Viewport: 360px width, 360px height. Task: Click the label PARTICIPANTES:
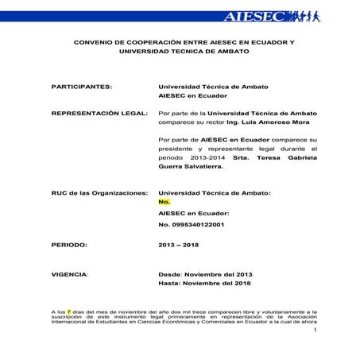(x=82, y=84)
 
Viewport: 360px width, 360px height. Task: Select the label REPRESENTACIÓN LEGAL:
(x=99, y=114)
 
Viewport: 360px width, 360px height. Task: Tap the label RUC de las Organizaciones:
(x=99, y=193)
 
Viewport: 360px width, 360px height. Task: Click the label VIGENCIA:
(x=71, y=273)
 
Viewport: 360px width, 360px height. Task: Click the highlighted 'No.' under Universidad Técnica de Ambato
(x=165, y=202)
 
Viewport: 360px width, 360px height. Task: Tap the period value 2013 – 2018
(x=179, y=245)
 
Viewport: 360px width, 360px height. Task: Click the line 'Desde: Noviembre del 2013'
(x=205, y=273)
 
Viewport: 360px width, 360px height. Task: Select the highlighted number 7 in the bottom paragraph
(x=69, y=312)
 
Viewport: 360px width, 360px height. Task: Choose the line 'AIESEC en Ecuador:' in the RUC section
(x=194, y=213)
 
